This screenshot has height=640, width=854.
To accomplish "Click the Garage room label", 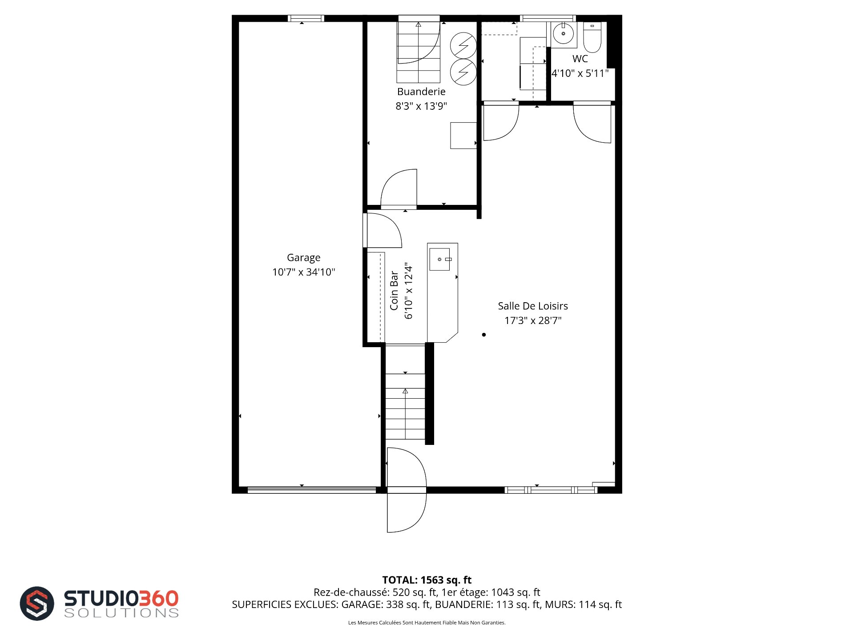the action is [303, 258].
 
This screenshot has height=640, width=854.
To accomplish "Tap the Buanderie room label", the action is [421, 92].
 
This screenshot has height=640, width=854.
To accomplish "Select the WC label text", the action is [580, 59].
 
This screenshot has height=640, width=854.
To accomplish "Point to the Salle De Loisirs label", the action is [533, 306].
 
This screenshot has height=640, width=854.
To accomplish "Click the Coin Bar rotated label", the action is [394, 290].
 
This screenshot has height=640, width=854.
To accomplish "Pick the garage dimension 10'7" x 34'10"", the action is [303, 272].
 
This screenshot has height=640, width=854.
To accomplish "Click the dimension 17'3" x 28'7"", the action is [533, 320].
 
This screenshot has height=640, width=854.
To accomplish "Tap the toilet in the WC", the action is [592, 37].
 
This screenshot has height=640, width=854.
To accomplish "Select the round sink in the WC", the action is [564, 34].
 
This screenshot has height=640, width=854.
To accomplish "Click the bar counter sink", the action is [439, 259].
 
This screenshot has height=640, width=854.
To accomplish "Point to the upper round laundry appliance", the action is [463, 45].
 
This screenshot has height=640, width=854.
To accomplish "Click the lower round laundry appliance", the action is [463, 72].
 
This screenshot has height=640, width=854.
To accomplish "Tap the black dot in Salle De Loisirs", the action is [484, 335].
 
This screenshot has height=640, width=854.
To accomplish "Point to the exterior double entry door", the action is [407, 490].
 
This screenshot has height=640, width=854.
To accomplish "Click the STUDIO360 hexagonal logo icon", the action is [37, 603].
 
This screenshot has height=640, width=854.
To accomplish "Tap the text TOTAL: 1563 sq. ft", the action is [427, 580].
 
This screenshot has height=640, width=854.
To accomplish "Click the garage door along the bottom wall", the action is [312, 490].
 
